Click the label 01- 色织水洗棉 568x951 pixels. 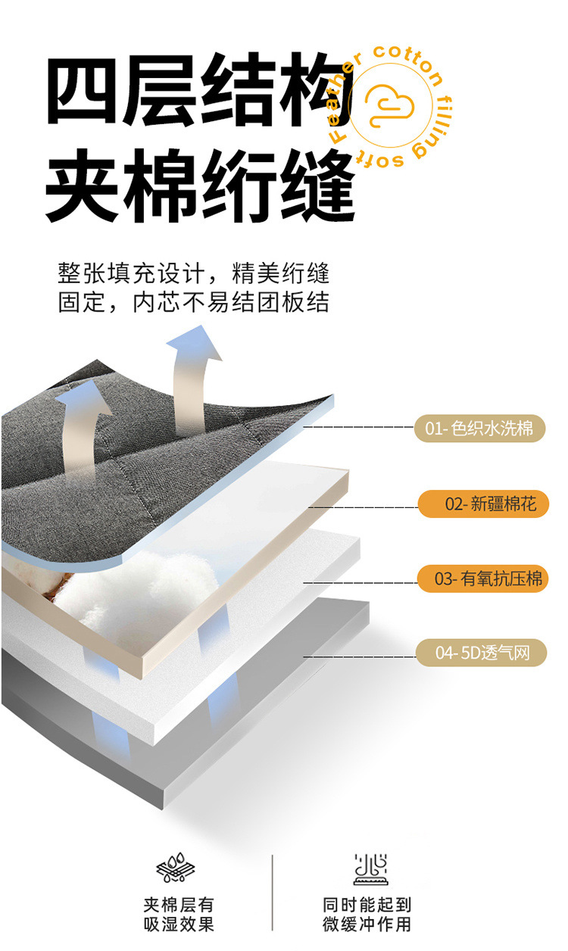479,429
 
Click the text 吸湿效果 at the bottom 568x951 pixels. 179,924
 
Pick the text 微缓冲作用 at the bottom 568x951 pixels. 367,924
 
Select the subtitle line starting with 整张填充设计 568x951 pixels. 194,273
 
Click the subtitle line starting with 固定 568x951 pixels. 194,302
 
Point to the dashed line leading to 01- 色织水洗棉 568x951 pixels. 359,428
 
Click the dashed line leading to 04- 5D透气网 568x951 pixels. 359,656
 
